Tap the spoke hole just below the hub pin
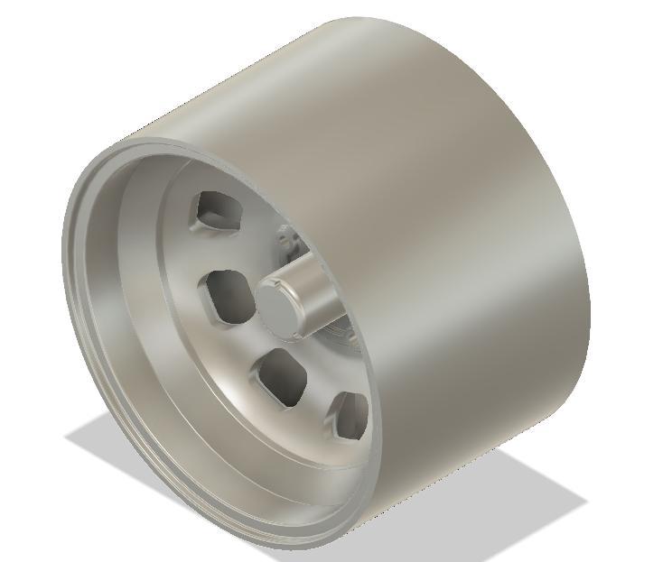[283, 377]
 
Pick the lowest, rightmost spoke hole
[352, 414]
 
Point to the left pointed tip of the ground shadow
[69, 437]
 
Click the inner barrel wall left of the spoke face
[135, 298]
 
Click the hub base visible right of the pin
[348, 338]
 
